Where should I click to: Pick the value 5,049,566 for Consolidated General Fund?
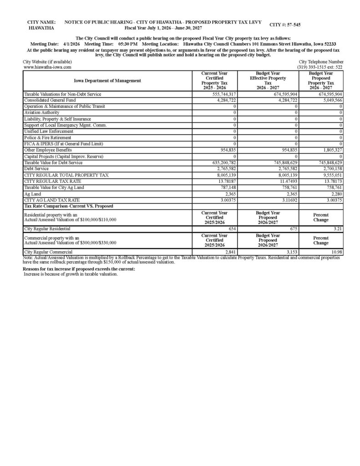(332, 100)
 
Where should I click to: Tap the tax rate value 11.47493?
(287, 181)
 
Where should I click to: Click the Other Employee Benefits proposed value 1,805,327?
(332, 150)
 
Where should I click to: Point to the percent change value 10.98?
(336, 252)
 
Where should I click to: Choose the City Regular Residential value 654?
(231, 229)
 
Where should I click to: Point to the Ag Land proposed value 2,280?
(335, 194)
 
